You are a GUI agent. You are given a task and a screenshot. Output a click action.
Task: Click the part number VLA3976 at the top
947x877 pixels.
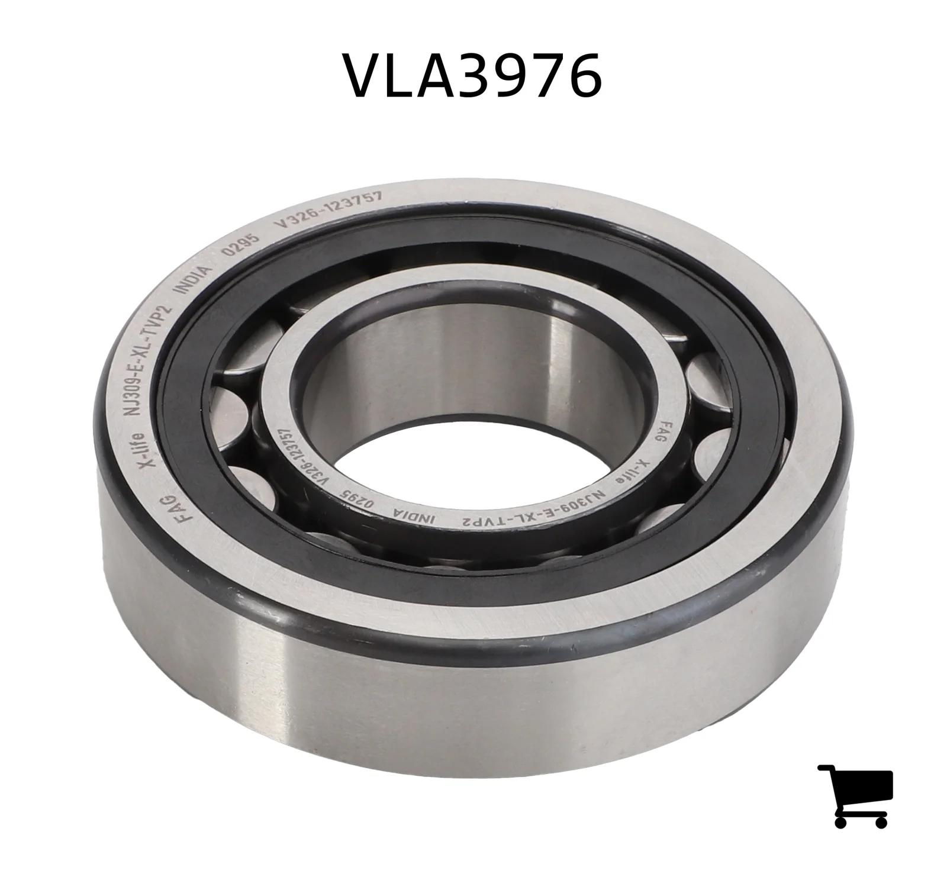tap(474, 75)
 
